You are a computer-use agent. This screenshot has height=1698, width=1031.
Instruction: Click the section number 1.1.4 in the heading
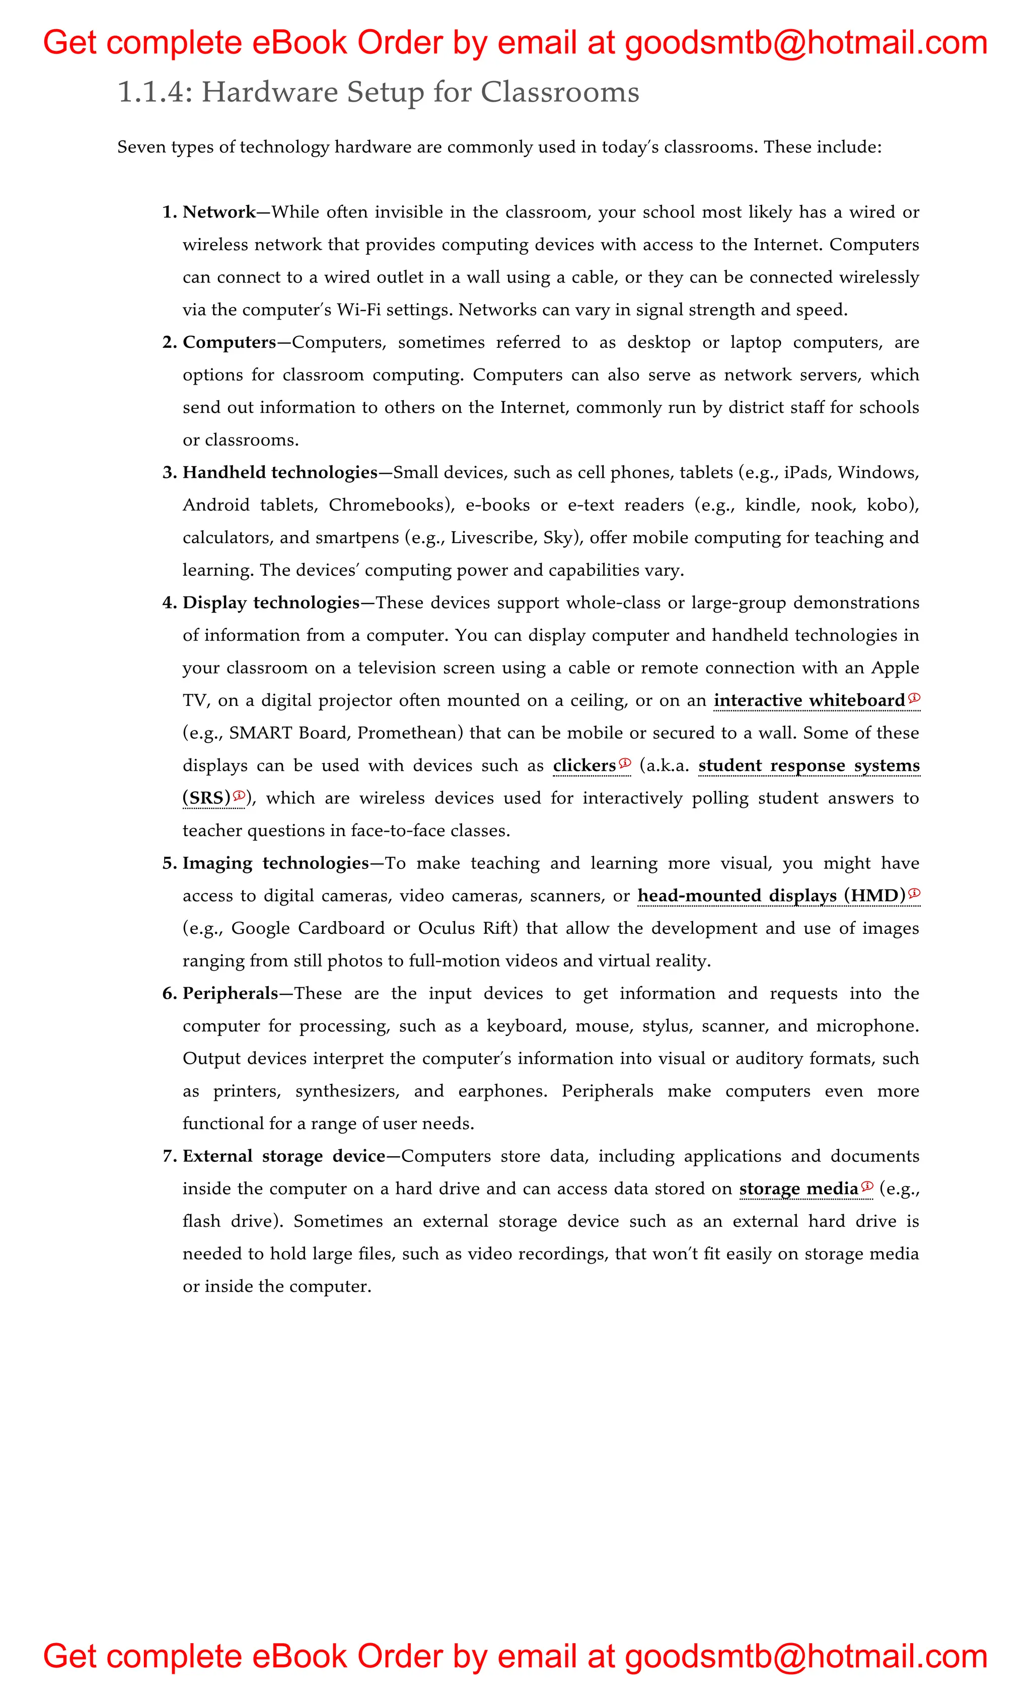(x=151, y=92)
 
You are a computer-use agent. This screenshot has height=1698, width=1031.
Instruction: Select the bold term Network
(x=219, y=212)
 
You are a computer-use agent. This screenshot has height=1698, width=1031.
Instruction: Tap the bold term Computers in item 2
(x=229, y=342)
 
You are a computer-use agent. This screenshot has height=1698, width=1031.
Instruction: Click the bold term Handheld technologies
(x=280, y=473)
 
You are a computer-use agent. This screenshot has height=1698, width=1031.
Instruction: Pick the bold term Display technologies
(x=271, y=603)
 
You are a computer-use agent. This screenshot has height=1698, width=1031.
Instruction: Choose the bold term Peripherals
(x=230, y=994)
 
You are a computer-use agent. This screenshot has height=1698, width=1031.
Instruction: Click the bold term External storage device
(x=284, y=1156)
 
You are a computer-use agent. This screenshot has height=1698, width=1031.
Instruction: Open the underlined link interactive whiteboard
(x=809, y=701)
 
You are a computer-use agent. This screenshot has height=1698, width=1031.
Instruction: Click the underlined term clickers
(x=584, y=766)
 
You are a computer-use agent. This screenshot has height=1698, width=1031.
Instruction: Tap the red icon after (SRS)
(x=239, y=796)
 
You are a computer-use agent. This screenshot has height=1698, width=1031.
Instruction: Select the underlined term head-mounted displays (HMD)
(x=771, y=896)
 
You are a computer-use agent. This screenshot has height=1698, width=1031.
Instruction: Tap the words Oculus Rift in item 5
(x=464, y=928)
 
